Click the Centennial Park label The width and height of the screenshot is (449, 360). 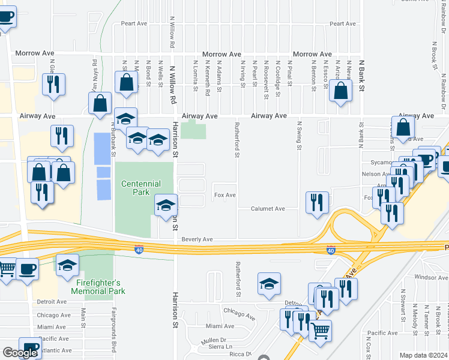point(144,187)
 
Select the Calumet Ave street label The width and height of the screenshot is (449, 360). point(268,209)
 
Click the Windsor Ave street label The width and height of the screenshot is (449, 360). point(431,277)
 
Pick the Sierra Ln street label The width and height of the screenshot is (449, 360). point(220,347)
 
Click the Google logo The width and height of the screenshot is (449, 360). point(19,353)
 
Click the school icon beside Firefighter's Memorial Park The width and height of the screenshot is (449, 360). point(68,264)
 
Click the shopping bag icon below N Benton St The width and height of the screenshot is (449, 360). point(341,91)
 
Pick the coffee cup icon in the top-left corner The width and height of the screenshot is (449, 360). point(5,16)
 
